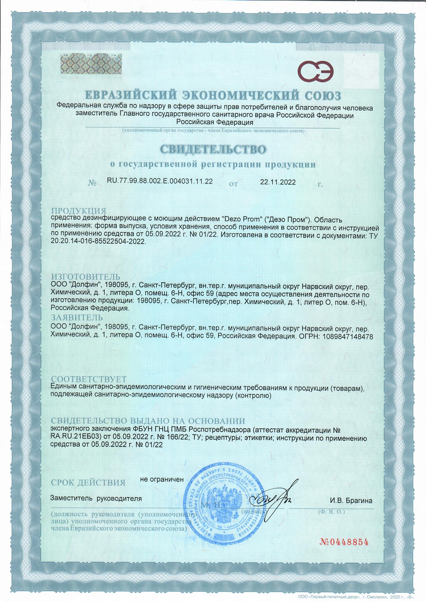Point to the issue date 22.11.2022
(278, 182)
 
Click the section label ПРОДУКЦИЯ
(79, 211)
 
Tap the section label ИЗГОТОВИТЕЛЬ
(86, 277)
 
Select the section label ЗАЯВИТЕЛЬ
(77, 317)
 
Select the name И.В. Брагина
(351, 501)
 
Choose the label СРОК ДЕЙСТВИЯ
(88, 483)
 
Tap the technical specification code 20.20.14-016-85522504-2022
(98, 242)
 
